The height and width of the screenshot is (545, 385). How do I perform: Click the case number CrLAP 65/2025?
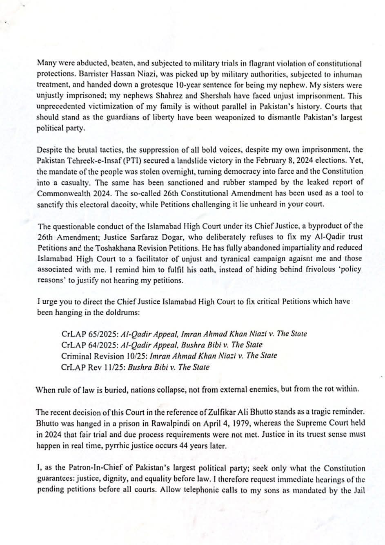(x=87, y=334)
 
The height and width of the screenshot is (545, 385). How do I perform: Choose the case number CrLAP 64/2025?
(x=87, y=345)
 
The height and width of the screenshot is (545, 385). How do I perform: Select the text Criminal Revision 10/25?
(x=104, y=356)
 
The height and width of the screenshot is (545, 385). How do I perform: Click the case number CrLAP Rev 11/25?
(x=93, y=367)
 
